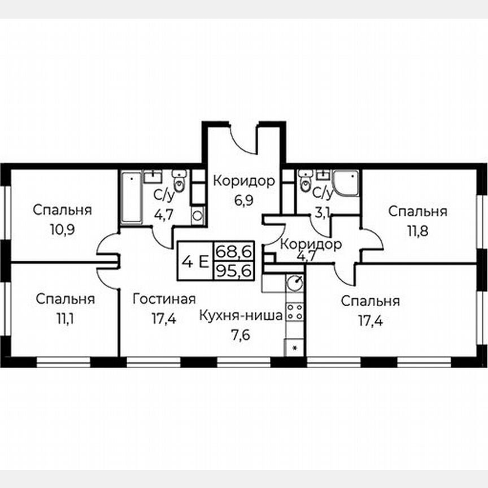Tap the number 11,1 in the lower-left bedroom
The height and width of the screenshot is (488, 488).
tap(64, 319)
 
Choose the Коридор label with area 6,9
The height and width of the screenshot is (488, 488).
tap(243, 181)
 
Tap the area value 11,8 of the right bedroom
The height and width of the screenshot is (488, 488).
tap(418, 232)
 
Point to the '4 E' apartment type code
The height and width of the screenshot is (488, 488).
tap(194, 261)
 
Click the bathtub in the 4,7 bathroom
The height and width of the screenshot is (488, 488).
tap(131, 198)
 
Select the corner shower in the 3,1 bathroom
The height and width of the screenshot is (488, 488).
tap(345, 182)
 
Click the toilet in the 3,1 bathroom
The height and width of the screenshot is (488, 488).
tap(306, 181)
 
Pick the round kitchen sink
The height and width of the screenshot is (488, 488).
tap(295, 281)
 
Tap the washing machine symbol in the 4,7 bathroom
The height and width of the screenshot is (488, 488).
tap(198, 214)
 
